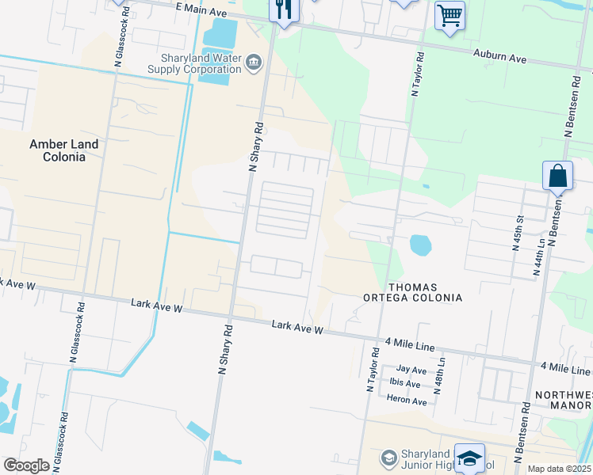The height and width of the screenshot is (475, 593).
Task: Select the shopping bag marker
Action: (557, 176)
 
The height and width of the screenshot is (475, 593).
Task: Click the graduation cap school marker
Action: (469, 457)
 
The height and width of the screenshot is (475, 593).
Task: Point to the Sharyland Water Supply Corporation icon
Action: (254, 63)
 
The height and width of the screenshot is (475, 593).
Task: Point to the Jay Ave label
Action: (411, 370)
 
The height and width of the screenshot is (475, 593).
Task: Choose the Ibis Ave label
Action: (405, 382)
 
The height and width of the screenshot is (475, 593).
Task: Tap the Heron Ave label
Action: (407, 401)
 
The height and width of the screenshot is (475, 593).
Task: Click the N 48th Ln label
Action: (439, 370)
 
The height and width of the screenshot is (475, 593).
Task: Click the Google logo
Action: (27, 465)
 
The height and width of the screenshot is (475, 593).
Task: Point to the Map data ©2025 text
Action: (559, 469)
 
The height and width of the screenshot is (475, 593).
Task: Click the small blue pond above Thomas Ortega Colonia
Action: (421, 245)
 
